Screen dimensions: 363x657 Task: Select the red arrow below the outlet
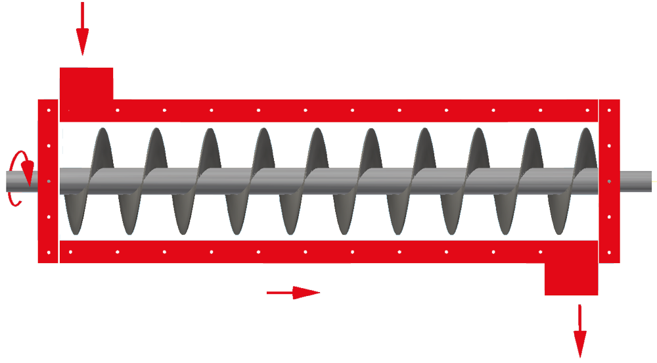pyautogui.click(x=579, y=332)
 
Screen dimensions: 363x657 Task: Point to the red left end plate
pyautogui.click(x=49, y=217)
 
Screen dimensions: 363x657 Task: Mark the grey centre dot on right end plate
pyautogui.click(x=610, y=181)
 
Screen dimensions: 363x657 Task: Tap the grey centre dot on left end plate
pyautogui.click(x=49, y=181)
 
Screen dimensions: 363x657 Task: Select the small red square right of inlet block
pyautogui.click(x=122, y=88)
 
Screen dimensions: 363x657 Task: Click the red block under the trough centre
pyautogui.click(x=307, y=276)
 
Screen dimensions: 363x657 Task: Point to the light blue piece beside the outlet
pyautogui.click(x=608, y=272)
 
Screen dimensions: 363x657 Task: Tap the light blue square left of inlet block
pyautogui.click(x=51, y=88)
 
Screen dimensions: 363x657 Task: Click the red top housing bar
pyautogui.click(x=328, y=110)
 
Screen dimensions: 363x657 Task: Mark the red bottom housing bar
pyautogui.click(x=328, y=252)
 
